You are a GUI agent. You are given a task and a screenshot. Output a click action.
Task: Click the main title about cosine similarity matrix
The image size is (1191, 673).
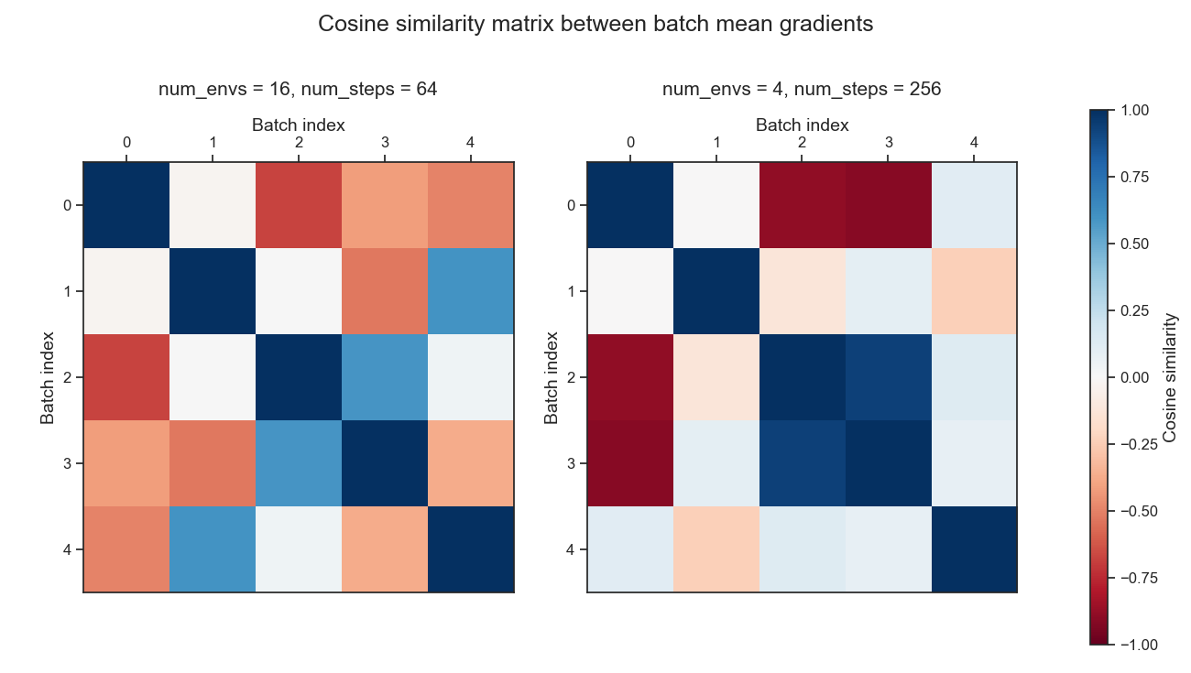595,25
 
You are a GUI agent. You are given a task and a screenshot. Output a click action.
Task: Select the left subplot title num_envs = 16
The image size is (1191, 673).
298,89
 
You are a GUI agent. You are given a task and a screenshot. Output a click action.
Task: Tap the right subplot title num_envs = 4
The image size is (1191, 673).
802,89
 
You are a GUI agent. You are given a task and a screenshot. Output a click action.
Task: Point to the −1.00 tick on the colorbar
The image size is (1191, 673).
1136,645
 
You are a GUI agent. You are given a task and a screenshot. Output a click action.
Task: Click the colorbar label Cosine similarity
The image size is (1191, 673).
1169,377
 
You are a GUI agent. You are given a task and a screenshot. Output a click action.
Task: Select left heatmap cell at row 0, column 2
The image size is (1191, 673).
299,205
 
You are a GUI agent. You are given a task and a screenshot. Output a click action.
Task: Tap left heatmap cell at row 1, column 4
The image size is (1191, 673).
471,291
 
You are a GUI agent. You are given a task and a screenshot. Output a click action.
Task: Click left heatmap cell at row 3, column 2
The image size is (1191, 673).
299,463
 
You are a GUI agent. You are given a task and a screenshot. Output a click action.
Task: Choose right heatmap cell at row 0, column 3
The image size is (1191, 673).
889,205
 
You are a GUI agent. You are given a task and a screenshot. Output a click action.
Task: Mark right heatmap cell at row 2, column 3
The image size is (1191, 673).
889,377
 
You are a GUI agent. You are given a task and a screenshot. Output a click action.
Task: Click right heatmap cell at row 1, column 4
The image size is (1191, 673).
974,291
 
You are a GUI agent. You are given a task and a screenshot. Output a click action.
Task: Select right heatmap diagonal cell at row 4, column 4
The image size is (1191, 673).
974,549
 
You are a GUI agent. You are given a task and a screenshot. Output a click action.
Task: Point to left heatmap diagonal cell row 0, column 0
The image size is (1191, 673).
126,205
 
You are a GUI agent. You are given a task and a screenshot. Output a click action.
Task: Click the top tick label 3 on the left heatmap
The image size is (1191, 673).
385,143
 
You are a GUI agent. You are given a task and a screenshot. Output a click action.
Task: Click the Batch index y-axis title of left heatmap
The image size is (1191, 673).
48,377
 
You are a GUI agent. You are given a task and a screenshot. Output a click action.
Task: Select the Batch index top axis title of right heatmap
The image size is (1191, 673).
802,125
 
